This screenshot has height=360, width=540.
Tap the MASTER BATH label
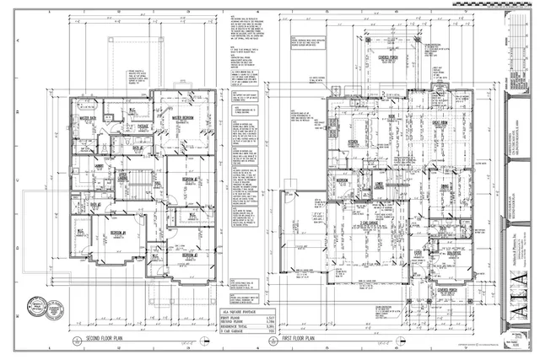(x=87, y=119)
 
